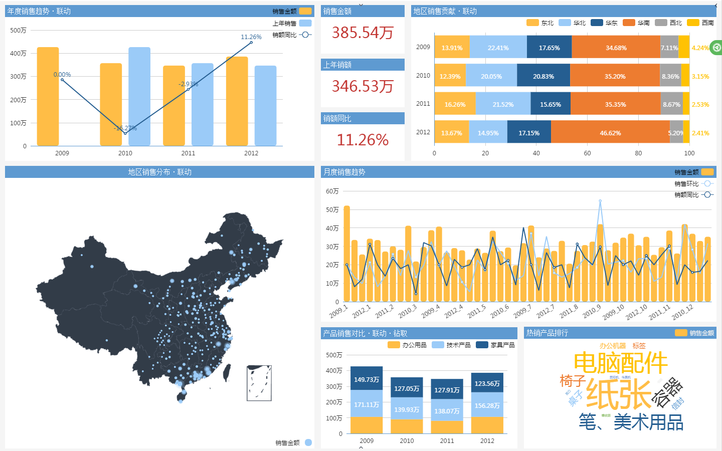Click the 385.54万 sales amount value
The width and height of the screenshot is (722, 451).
363,33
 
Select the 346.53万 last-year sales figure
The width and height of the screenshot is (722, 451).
363,87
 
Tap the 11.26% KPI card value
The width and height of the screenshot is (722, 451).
363,140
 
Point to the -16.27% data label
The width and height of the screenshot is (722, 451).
125,128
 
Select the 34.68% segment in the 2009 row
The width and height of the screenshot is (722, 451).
616,48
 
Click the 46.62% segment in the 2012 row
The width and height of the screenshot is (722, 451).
610,133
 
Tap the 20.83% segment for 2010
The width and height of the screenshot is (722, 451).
544,77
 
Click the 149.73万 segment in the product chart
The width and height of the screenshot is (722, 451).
367,379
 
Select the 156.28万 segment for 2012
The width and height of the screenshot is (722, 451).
487,406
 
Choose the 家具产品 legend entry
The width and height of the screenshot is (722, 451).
495,345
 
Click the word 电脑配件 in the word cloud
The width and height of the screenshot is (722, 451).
620,363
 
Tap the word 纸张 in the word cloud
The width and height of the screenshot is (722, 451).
618,394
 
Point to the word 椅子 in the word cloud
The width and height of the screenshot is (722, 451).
573,381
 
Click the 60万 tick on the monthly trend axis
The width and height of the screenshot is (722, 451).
332,191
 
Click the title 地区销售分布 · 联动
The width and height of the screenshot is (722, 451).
159,172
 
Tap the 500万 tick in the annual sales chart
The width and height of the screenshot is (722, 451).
18,31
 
